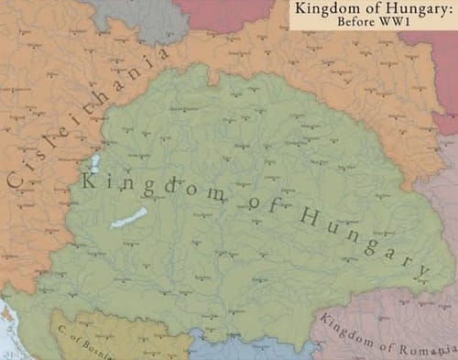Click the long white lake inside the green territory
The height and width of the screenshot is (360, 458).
tap(128, 219)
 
